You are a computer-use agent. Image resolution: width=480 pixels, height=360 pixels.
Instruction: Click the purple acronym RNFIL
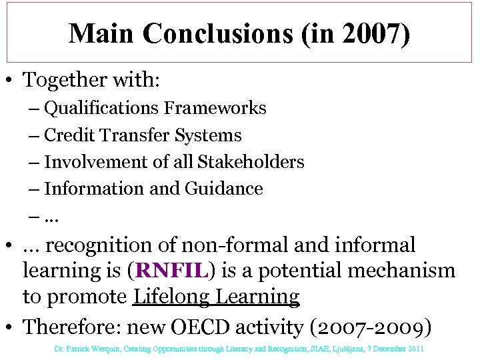pyautogui.click(x=172, y=271)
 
